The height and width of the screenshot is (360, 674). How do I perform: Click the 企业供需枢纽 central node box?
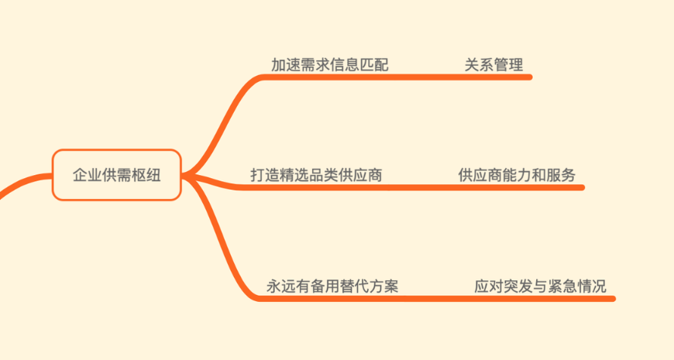pyautogui.click(x=116, y=175)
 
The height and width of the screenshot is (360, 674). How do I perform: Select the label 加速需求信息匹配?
pyautogui.click(x=329, y=65)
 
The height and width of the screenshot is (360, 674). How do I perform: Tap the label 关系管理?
pyautogui.click(x=493, y=65)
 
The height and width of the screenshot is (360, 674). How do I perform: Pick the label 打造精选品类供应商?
pyautogui.click(x=316, y=175)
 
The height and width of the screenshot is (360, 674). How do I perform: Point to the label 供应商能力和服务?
pyautogui.click(x=517, y=175)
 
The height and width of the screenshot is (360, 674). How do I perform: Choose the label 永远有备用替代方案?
pyautogui.click(x=332, y=286)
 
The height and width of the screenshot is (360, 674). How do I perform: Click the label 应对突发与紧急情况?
pyautogui.click(x=540, y=286)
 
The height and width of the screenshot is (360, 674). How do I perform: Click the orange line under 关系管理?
pyautogui.click(x=496, y=77)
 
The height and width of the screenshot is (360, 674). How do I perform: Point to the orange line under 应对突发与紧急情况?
pyautogui.click(x=542, y=298)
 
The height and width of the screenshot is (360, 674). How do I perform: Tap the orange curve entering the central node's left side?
pyautogui.click(x=23, y=183)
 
